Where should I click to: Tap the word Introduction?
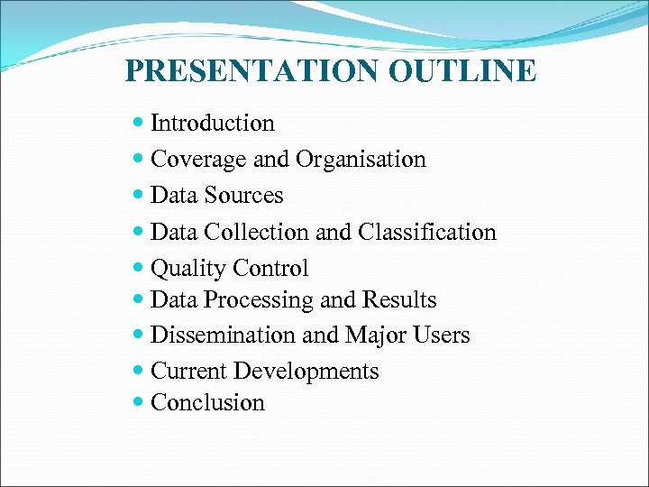pos(213,123)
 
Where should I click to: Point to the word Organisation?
pos(360,160)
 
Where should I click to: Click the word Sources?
pos(243,196)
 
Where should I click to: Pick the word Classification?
pos(427,232)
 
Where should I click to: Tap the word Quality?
pos(188,269)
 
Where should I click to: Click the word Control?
pos(270,269)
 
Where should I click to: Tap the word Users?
pos(442,335)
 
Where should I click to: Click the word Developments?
pos(306,372)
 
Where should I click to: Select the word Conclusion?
pos(208,402)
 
